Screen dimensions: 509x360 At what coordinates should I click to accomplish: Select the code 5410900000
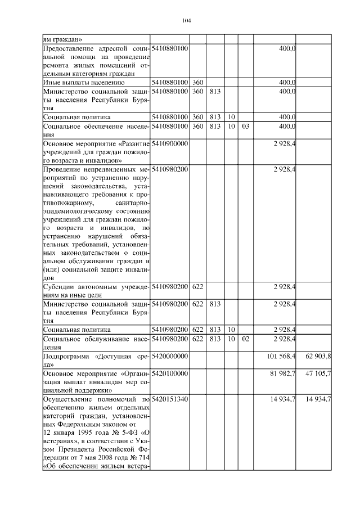tap(169, 144)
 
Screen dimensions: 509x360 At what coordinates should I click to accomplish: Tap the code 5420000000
tap(169, 357)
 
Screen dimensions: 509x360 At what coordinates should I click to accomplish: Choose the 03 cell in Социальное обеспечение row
tap(245, 127)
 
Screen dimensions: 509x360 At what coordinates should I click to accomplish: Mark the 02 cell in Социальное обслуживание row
tap(245, 339)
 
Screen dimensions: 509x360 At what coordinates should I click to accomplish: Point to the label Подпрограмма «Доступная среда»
tap(96, 361)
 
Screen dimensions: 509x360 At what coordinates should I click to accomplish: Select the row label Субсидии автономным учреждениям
tap(96, 290)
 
